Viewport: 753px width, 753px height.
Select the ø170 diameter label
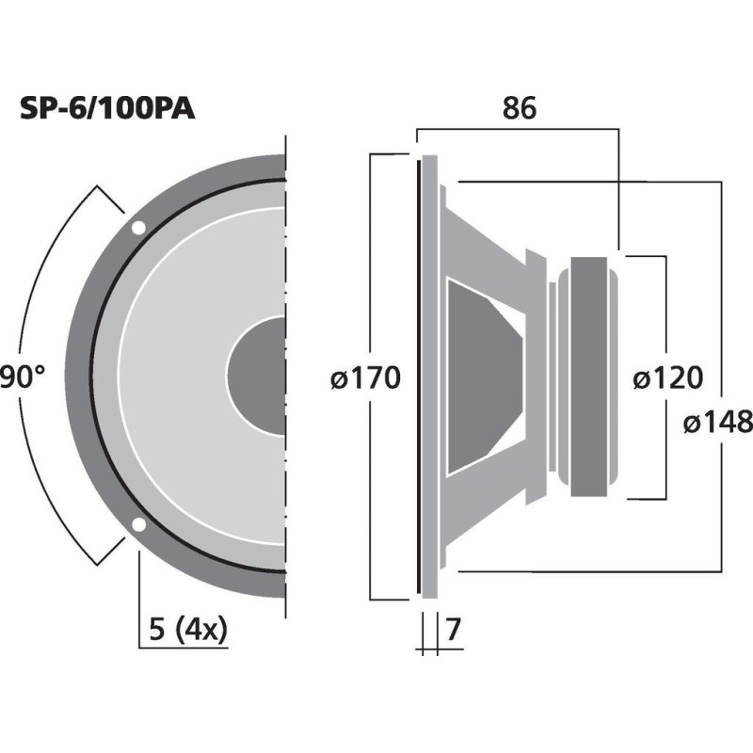coord(366,378)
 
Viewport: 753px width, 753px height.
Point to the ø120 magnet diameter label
coord(667,378)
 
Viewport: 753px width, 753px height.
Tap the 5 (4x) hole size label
coord(188,629)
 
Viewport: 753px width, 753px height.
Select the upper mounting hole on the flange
coord(138,228)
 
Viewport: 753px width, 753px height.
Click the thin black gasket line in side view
coord(417,376)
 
